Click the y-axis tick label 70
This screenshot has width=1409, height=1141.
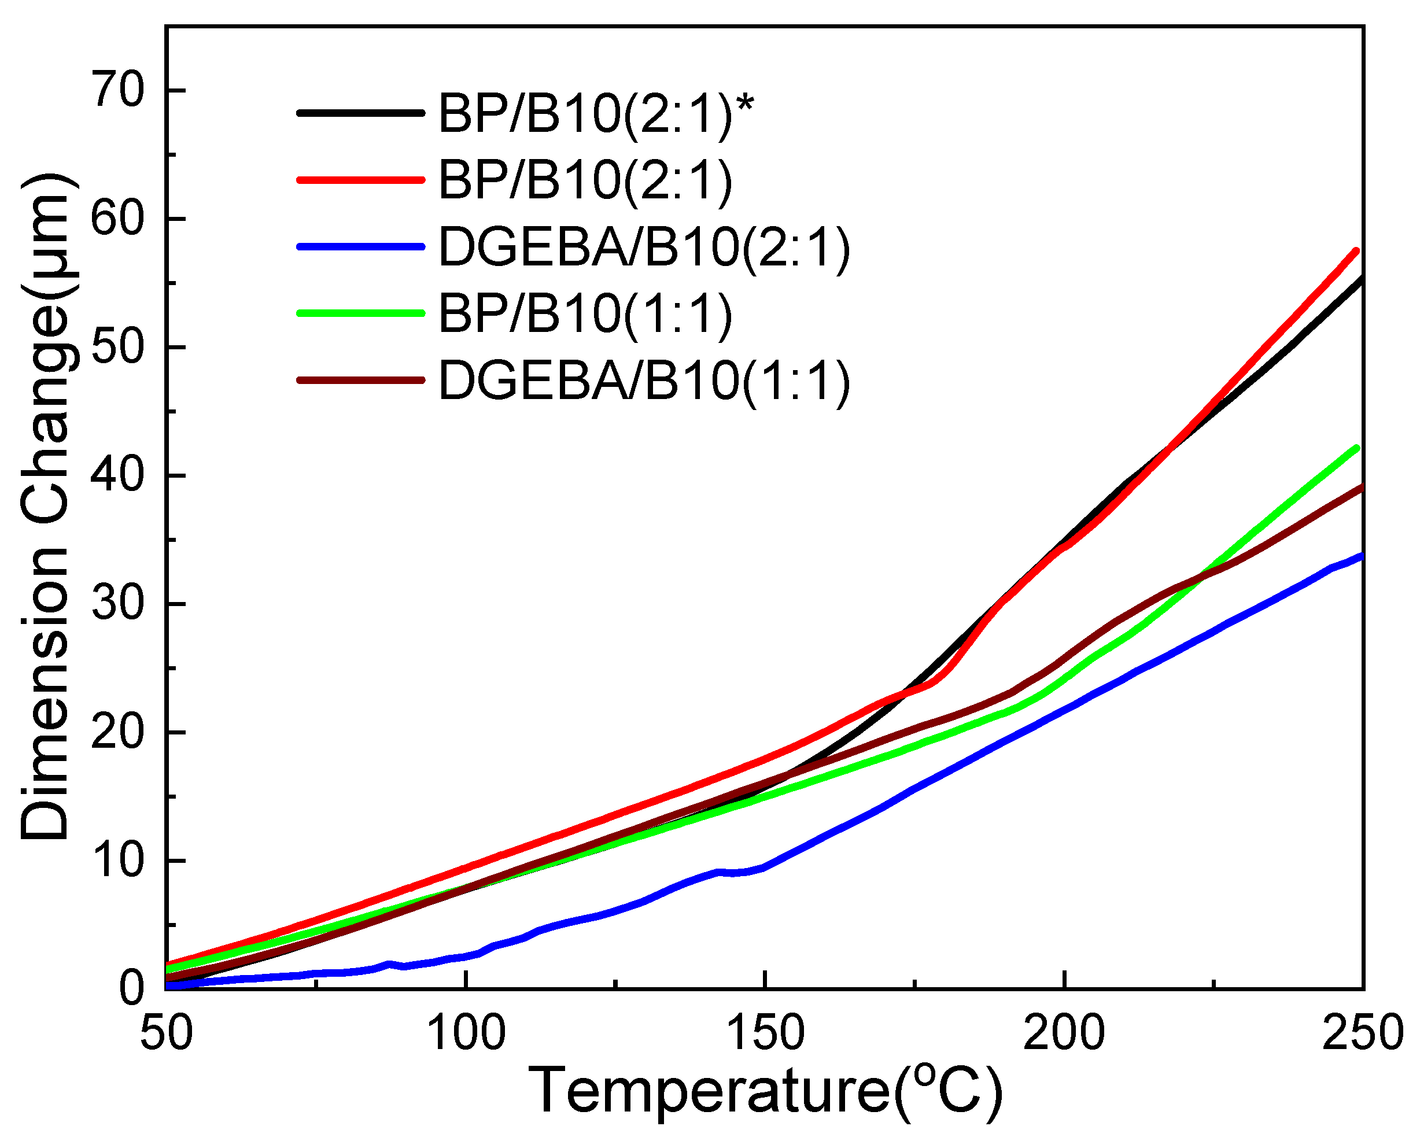tap(119, 91)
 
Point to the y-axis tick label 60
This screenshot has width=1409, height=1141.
tap(119, 219)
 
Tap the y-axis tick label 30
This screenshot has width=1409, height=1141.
tap(119, 604)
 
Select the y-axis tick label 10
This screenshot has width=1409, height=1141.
tap(119, 861)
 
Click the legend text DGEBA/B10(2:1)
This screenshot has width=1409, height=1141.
tap(644, 247)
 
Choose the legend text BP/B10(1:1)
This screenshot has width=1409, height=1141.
tap(585, 313)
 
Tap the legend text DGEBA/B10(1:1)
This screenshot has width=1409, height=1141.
tap(644, 381)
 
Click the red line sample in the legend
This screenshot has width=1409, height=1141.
tap(361, 180)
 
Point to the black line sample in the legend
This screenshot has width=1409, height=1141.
tap(361, 113)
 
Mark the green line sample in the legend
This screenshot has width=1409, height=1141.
tap(361, 313)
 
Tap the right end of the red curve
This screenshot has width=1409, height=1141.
tap(1356, 251)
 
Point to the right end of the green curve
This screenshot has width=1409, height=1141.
tap(1356, 448)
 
